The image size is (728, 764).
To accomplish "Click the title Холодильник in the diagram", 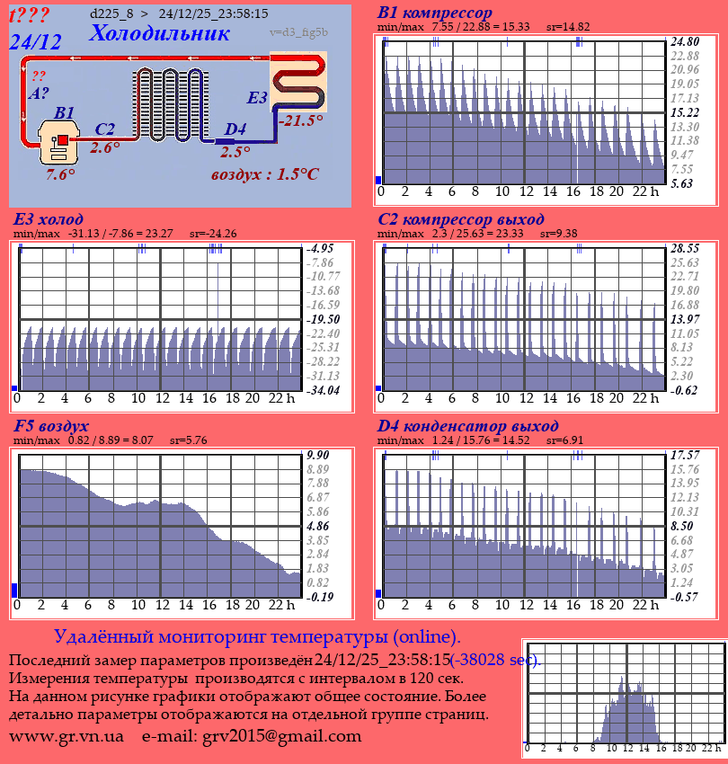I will point(155,33).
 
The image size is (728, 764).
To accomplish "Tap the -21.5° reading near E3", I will point(300,120).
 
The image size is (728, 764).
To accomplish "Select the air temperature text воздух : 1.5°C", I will point(264,174).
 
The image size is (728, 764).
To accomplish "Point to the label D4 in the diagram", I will point(235,129).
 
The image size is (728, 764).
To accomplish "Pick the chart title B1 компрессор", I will point(435,13).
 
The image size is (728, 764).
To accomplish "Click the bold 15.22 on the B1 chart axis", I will point(685,112).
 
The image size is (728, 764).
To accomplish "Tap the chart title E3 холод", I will point(49,219).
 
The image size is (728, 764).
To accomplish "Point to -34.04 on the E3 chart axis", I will point(324,390).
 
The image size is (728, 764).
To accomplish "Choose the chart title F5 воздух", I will point(51,426).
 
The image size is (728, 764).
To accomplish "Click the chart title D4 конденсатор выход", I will point(468,426).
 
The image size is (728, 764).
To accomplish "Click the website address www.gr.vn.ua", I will point(67,736).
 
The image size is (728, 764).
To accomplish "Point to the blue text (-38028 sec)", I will point(496,660).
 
